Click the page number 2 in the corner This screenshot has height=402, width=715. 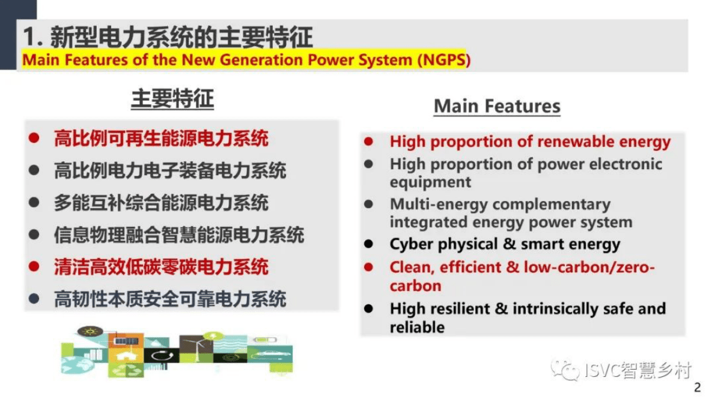(x=697, y=388)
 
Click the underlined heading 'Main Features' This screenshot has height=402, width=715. (x=497, y=106)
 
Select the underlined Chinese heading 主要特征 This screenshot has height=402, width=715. (x=172, y=99)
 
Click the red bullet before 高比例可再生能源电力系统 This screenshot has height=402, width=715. (x=34, y=139)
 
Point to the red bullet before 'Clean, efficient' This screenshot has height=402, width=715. (x=369, y=266)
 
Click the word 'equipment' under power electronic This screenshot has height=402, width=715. (x=430, y=182)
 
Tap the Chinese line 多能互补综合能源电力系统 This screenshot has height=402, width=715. (x=161, y=203)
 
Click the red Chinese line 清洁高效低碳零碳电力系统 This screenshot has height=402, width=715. (x=161, y=266)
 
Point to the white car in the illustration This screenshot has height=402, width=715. (x=270, y=353)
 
